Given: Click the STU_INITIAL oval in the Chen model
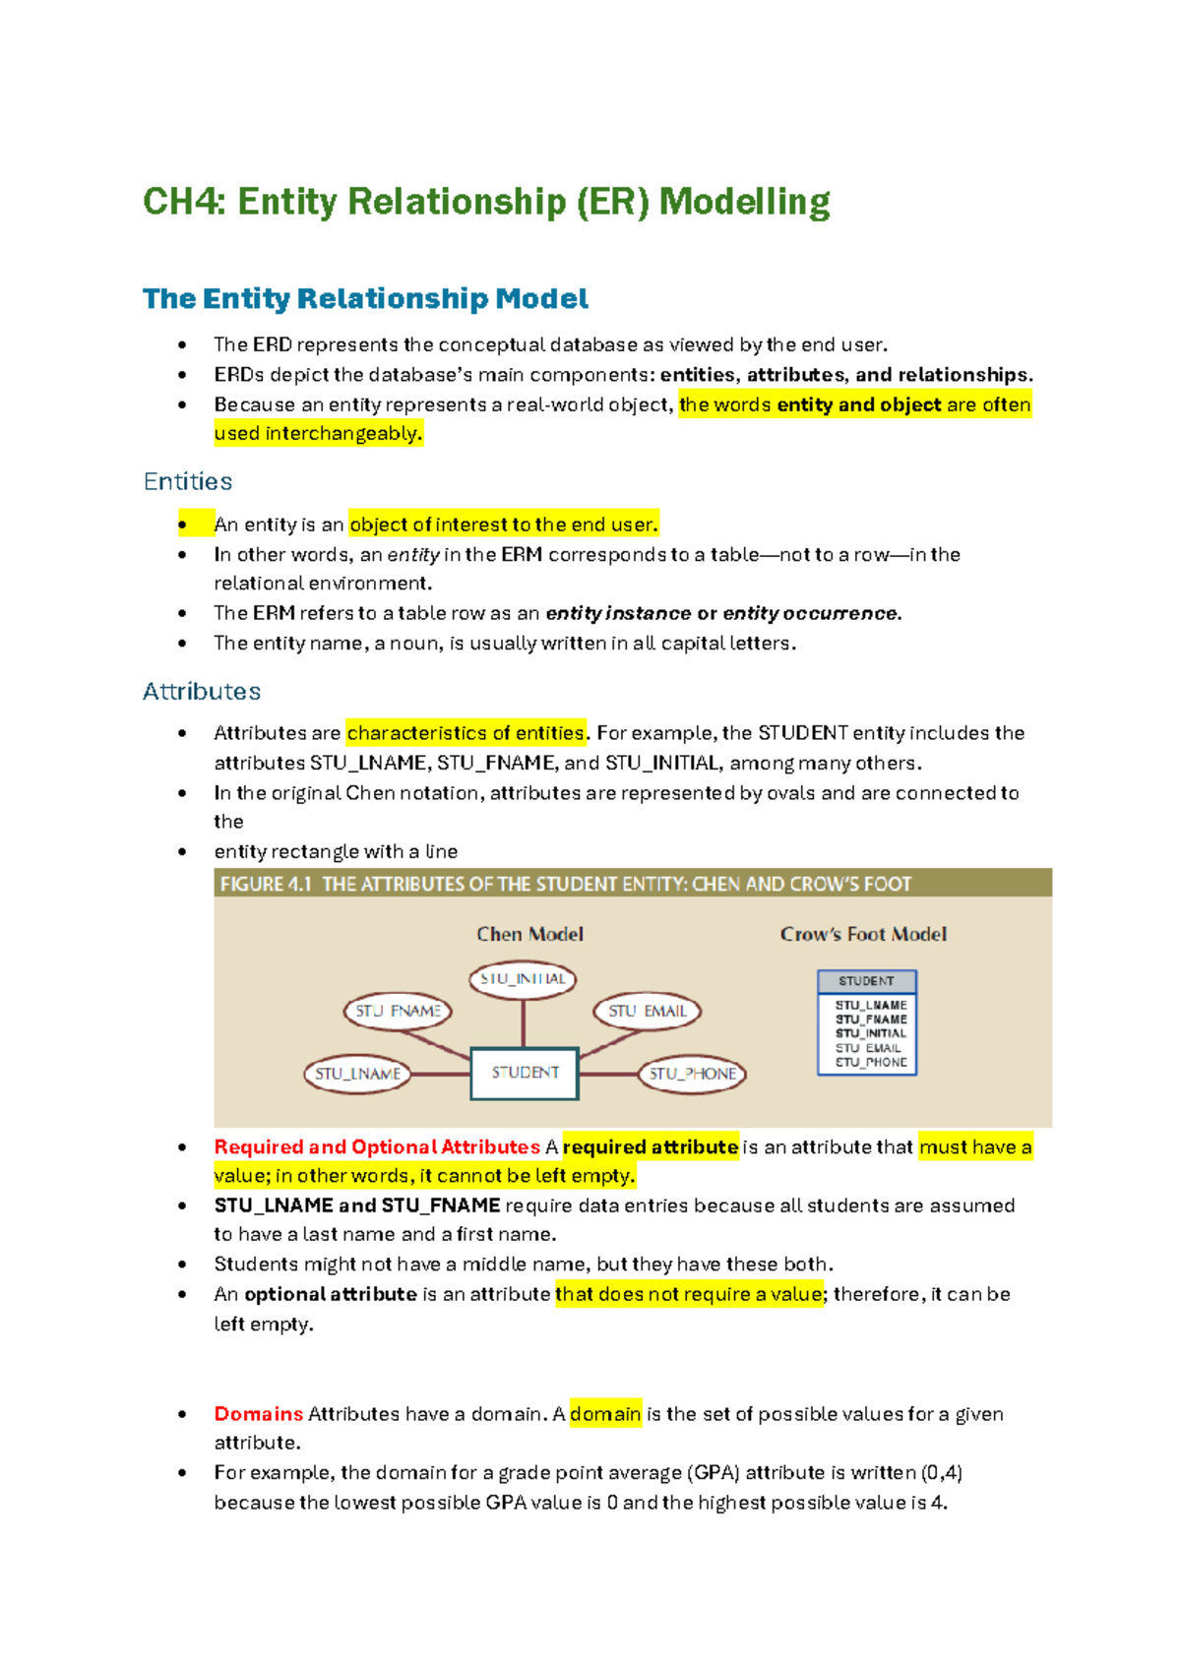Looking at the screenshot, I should (x=523, y=979).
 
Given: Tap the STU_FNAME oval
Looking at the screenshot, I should (x=398, y=1011).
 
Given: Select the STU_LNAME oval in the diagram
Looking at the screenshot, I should (x=357, y=1074).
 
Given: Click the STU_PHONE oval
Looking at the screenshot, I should (x=692, y=1074).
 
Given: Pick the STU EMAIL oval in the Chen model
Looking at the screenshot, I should (x=647, y=1011).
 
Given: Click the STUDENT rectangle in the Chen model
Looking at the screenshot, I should (x=525, y=1073).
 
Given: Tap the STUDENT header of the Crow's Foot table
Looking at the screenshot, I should (x=866, y=981).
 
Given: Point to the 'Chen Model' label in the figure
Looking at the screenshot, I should (x=529, y=934).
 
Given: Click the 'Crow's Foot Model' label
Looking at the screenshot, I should (x=863, y=934).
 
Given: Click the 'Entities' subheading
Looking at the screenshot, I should (x=188, y=481).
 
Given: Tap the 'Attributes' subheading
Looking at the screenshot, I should (x=202, y=691).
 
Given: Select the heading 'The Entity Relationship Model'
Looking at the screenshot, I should (x=365, y=298).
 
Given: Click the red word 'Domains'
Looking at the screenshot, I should (x=259, y=1414).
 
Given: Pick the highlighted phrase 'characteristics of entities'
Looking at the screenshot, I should (x=466, y=733).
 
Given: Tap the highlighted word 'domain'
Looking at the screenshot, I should (x=605, y=1414).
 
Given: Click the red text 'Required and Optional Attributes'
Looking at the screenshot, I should (x=377, y=1146).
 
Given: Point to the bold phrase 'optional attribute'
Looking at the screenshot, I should (x=331, y=1294).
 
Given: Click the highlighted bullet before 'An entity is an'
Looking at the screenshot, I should (x=183, y=525).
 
